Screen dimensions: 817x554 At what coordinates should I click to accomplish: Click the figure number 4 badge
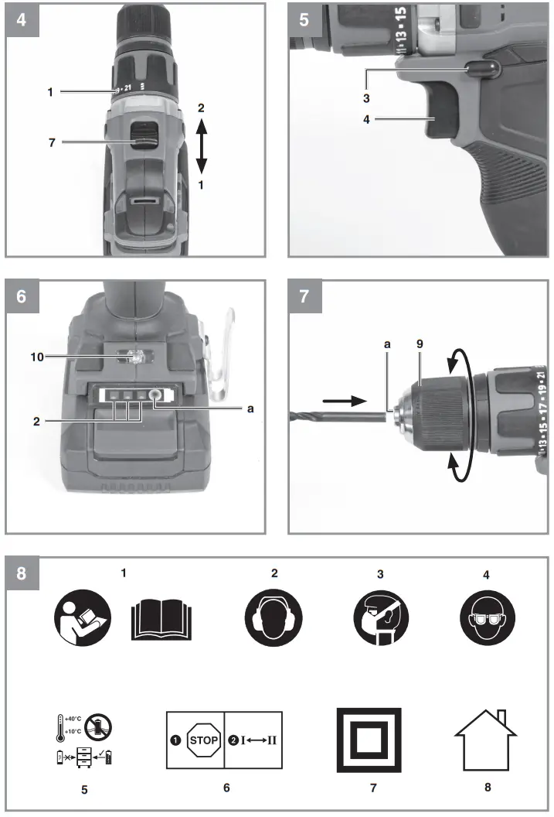21,19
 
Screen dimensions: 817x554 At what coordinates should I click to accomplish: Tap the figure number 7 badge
304,296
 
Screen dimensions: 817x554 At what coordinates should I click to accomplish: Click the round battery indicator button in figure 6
158,395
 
